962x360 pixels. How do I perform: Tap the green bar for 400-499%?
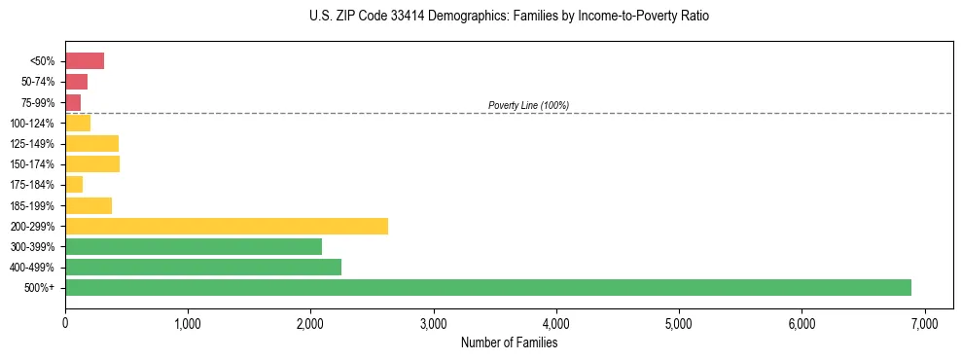coord(203,267)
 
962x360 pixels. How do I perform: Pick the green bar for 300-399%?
coord(194,246)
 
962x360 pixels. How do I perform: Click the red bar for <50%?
coord(85,61)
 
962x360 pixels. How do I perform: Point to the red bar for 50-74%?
coord(77,82)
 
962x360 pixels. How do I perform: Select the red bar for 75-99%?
coord(73,102)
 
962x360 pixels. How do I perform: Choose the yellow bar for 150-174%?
coord(92,163)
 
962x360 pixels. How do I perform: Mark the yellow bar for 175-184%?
coord(74,184)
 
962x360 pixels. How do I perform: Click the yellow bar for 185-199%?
coord(89,205)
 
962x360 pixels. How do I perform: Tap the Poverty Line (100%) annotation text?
coord(528,105)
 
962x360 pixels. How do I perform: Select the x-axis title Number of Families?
coord(509,342)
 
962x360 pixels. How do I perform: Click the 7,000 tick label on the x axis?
coord(924,323)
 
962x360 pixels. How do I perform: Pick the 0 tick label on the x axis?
coord(65,323)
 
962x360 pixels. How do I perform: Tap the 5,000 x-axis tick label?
coord(679,323)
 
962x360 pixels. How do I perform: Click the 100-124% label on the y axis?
coord(32,124)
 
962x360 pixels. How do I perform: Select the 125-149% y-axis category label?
coord(32,144)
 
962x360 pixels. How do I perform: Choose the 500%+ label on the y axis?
coord(40,288)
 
